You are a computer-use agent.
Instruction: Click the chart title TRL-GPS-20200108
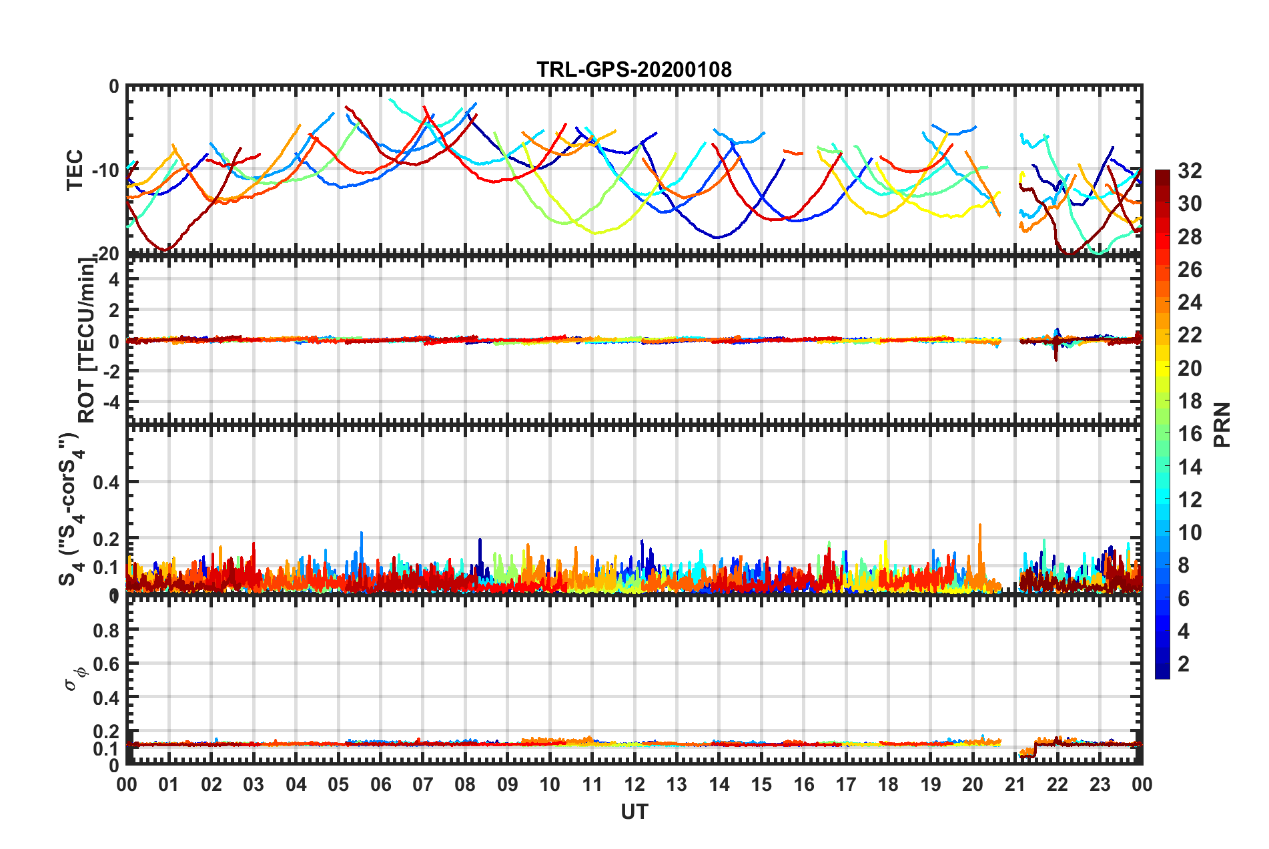(x=634, y=69)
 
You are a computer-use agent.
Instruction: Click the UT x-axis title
(x=634, y=812)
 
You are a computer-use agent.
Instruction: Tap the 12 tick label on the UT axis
(x=634, y=784)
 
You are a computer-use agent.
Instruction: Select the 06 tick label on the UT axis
(x=380, y=784)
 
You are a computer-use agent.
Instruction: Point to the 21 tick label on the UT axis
(x=1015, y=784)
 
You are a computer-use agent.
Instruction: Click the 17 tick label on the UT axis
(x=845, y=784)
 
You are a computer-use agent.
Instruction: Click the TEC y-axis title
(x=75, y=170)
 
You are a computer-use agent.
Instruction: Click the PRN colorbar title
(x=1222, y=425)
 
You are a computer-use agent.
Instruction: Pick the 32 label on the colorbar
(x=1189, y=171)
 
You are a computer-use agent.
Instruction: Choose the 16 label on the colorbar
(x=1189, y=434)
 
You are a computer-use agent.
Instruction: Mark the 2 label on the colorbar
(x=1184, y=663)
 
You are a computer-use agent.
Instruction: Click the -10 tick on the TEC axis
(x=105, y=170)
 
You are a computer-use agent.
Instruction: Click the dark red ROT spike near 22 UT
(x=1056, y=354)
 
